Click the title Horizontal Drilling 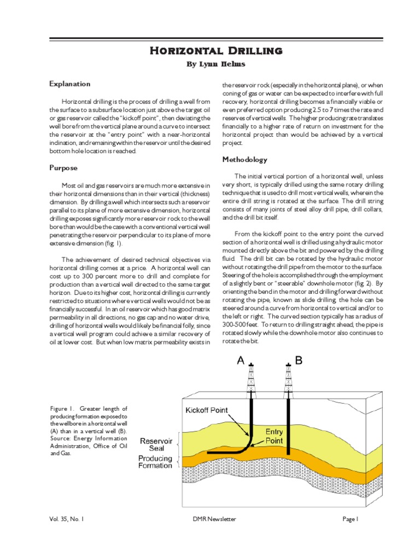click(x=217, y=51)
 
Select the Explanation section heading click(x=69, y=84)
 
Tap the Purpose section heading click(x=63, y=168)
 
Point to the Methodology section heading click(x=244, y=160)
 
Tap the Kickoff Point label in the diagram click(x=207, y=410)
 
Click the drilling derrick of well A click(x=251, y=380)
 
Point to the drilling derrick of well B click(x=288, y=380)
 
